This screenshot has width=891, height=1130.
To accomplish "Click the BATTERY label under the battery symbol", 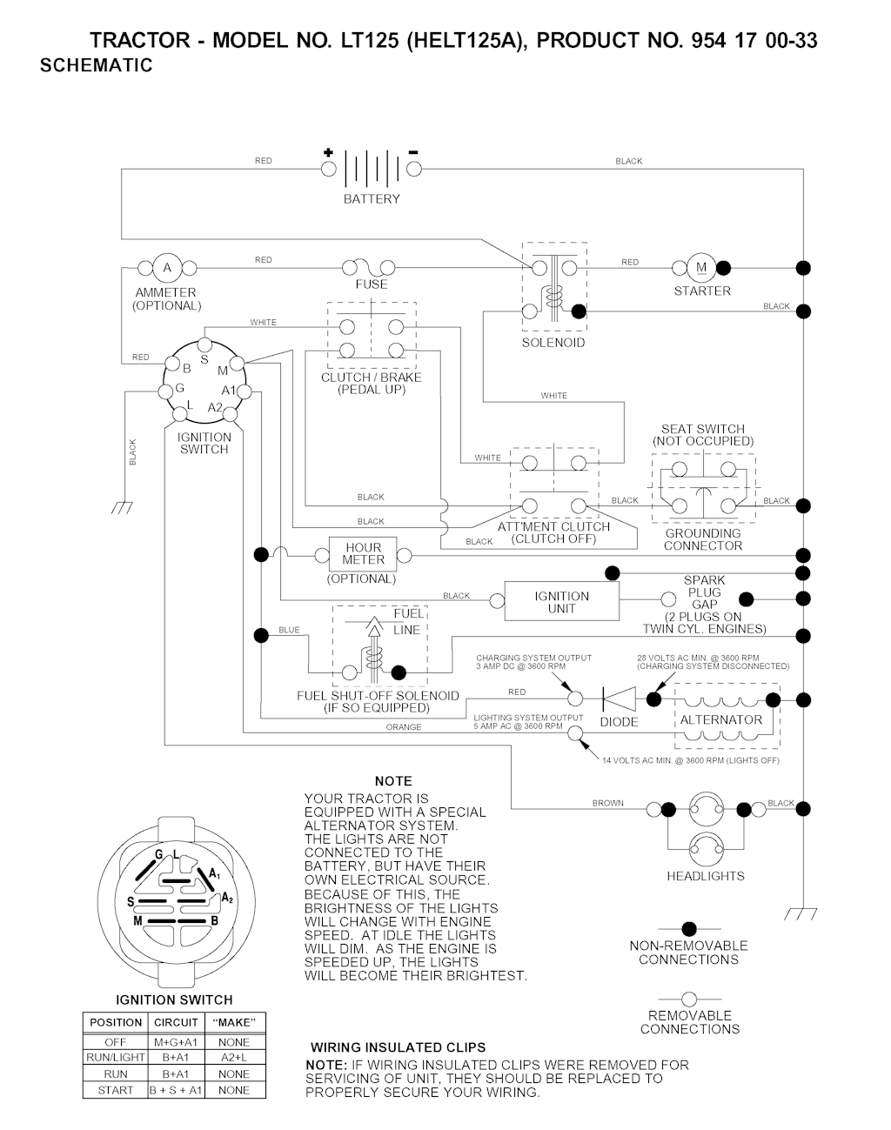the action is tap(372, 199).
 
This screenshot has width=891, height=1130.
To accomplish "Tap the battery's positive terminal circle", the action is tap(328, 169).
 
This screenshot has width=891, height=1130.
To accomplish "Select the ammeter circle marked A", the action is tap(167, 268).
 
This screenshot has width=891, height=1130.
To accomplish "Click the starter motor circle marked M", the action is tap(701, 268).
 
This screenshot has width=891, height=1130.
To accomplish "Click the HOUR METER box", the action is tap(363, 554).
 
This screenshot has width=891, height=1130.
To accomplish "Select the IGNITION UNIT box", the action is tap(561, 601).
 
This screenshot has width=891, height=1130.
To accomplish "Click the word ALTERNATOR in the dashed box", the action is tap(720, 720).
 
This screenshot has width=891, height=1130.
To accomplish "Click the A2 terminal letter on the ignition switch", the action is tap(215, 407).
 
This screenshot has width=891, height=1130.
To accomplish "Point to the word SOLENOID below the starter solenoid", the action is tap(553, 343).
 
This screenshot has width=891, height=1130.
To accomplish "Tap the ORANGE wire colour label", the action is tap(404, 727).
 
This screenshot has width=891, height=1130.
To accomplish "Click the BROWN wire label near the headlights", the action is tap(608, 803).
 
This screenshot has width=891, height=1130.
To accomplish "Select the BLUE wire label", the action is tap(289, 630).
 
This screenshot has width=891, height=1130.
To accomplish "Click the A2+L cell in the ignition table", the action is tap(234, 1057).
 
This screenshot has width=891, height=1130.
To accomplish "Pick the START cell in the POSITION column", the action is tap(116, 1090).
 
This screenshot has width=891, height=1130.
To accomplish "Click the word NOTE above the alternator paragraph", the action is tap(393, 781).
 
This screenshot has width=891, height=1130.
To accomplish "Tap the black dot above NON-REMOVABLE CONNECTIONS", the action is tap(689, 929).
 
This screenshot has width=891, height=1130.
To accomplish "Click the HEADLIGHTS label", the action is tap(706, 876).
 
